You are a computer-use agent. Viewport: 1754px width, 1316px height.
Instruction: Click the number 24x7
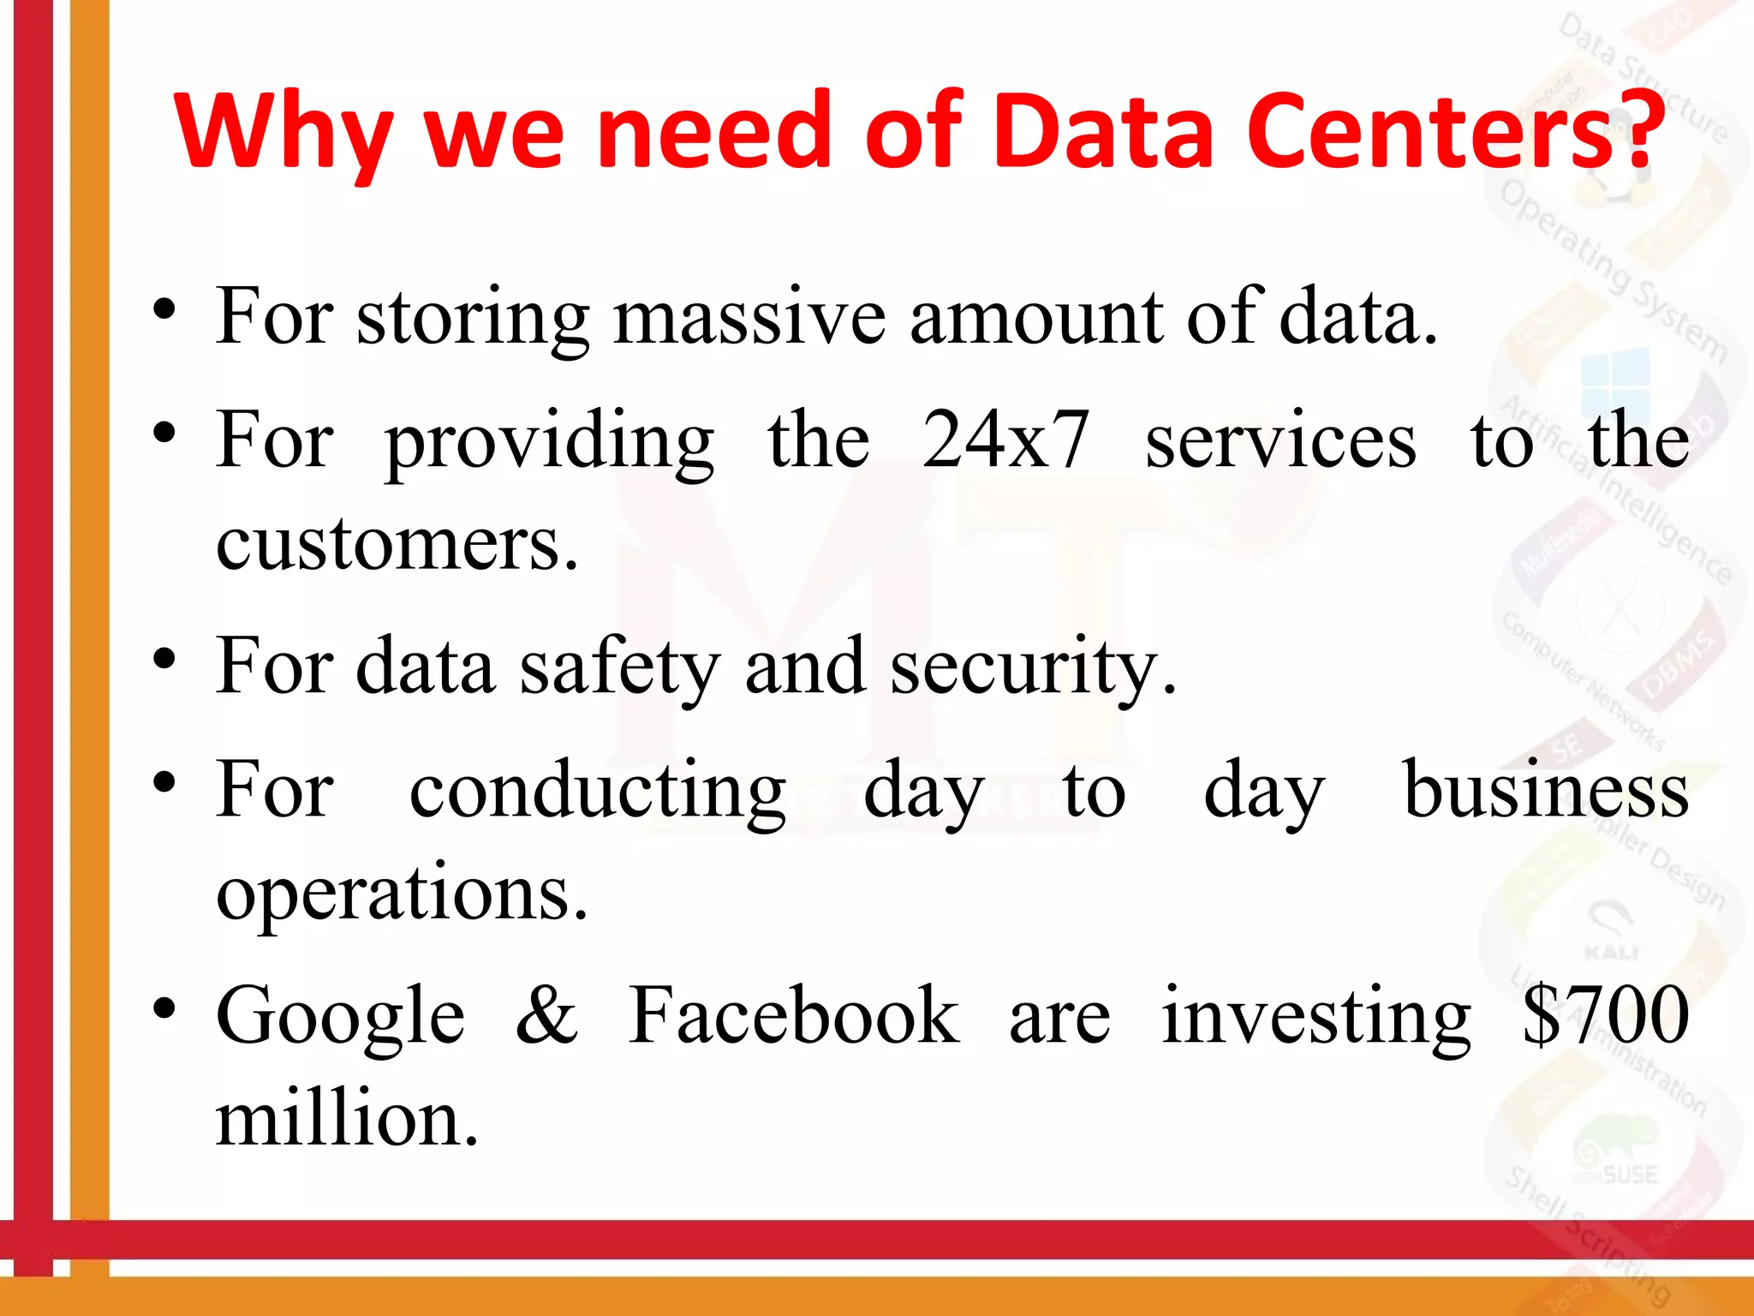point(1005,440)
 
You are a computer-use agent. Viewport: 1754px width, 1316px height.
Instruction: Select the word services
point(1280,442)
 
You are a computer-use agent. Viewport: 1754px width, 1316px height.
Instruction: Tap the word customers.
point(397,545)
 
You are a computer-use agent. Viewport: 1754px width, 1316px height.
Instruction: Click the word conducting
point(598,792)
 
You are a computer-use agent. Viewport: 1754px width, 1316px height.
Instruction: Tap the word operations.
point(402,894)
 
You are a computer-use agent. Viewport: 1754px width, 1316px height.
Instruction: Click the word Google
point(340,1018)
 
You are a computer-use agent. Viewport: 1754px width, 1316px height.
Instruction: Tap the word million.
point(347,1121)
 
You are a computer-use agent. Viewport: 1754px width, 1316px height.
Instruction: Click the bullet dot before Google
point(164,1008)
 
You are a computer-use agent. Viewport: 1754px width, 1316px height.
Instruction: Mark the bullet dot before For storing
point(164,309)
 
